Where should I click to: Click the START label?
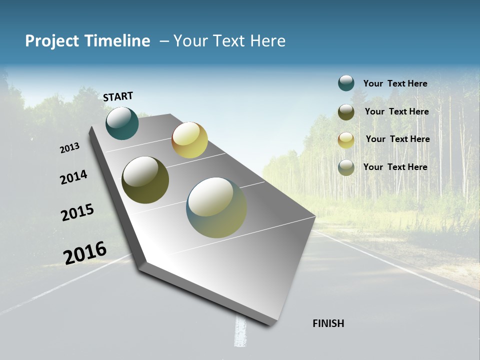(118, 96)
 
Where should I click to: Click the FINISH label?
(328, 323)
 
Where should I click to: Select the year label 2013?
(70, 148)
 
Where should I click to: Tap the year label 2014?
(73, 177)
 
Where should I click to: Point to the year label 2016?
(85, 252)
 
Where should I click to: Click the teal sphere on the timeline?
(122, 123)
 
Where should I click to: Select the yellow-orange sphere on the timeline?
(189, 140)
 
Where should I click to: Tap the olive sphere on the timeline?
(145, 180)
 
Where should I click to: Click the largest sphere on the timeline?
(216, 207)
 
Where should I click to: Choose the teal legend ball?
(346, 83)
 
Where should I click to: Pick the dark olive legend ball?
(346, 112)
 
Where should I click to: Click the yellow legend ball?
(346, 140)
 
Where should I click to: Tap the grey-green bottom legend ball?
(346, 167)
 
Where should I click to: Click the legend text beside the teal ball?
(395, 83)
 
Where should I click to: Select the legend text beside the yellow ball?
(397, 139)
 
